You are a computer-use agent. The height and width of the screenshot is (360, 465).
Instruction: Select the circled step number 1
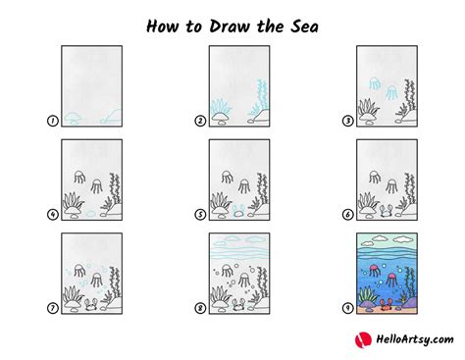coord(51,122)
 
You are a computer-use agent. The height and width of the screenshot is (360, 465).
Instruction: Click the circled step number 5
coord(199,215)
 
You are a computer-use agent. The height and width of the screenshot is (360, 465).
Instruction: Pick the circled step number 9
coord(345,308)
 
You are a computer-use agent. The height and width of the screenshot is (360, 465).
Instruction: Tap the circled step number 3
coord(345,122)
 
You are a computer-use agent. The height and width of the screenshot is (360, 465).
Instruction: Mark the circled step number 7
coord(51,308)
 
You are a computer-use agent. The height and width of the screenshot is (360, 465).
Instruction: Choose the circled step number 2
coord(199,122)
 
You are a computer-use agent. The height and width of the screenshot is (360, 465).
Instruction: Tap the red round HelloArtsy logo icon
coord(360,339)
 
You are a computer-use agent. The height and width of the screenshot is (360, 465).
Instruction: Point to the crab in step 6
coord(385,209)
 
